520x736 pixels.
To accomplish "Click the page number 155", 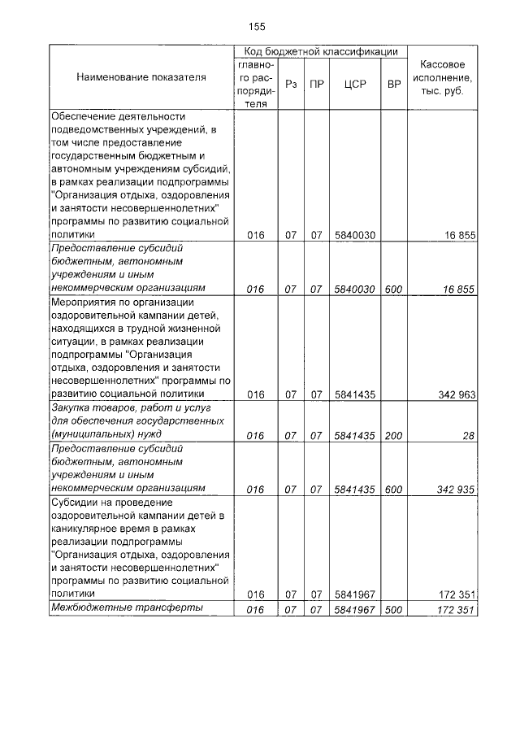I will [x=257, y=26].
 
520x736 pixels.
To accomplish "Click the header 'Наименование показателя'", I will [x=141, y=77].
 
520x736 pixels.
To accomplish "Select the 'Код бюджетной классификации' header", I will [x=320, y=51].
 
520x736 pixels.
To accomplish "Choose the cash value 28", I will [x=468, y=436].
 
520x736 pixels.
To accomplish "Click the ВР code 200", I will [x=394, y=436].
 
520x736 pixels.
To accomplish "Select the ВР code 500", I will [x=394, y=609].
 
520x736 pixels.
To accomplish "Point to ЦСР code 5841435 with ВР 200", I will [x=353, y=436].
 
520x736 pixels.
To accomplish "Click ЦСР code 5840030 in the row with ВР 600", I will [x=353, y=288].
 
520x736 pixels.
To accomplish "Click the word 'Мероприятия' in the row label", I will [x=86, y=301].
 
